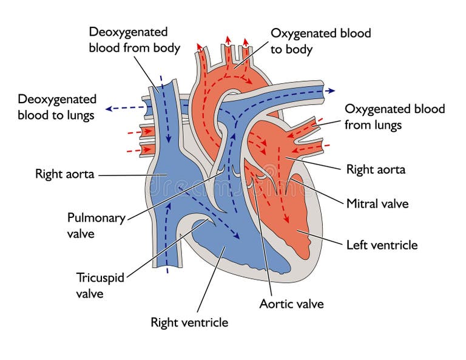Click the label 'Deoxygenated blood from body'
(134, 39)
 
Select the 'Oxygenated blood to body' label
(320, 41)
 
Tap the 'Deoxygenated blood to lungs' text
(56, 107)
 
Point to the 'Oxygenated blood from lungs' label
(394, 117)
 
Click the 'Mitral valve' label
(377, 203)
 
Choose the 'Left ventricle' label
(382, 245)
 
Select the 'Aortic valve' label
(291, 304)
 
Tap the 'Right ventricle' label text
(189, 322)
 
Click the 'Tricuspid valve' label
(100, 285)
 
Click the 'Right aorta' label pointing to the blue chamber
(64, 174)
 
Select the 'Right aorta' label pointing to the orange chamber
(376, 169)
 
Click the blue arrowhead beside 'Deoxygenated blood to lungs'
(109, 109)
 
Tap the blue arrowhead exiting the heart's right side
(331, 91)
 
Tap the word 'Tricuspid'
(100, 277)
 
